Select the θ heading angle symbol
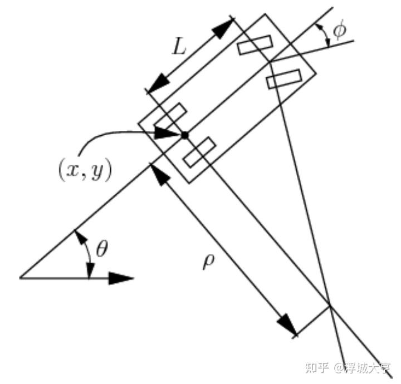coord(102,249)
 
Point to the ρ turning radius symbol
coord(208,262)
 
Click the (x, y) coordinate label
coord(85,170)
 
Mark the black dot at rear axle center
coord(185,134)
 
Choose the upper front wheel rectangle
coord(255,45)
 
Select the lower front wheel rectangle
coord(284,78)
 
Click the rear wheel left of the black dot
coord(170,116)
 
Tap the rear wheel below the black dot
coord(199,151)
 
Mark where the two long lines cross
coord(330,305)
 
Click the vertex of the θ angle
coord(20,277)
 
